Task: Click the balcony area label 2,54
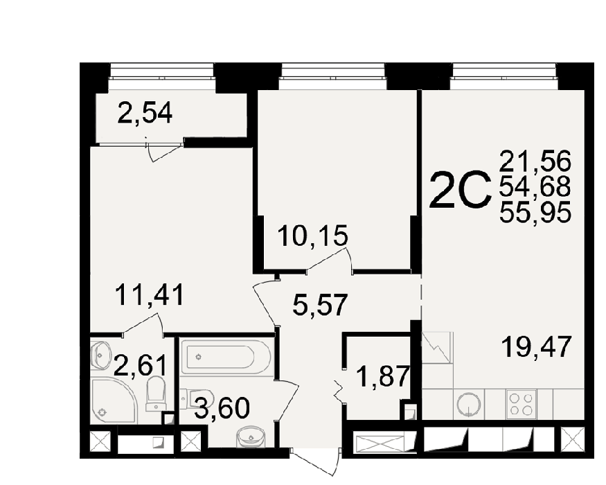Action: tap(145, 112)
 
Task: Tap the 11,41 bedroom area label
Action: tap(149, 294)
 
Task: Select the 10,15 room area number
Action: tap(313, 236)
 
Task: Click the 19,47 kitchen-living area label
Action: tap(536, 347)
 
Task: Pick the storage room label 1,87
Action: tap(382, 376)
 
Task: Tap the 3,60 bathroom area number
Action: tap(222, 408)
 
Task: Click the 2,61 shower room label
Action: tap(141, 366)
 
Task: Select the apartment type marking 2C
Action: tap(460, 190)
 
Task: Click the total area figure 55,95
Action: tap(535, 213)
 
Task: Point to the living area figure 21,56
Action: tap(535, 161)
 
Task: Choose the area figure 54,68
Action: tap(535, 187)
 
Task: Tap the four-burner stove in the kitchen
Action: tap(521, 404)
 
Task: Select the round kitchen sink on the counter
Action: tap(469, 405)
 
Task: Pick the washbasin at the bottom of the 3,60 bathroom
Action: tap(251, 436)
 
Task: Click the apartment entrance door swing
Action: tap(316, 462)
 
